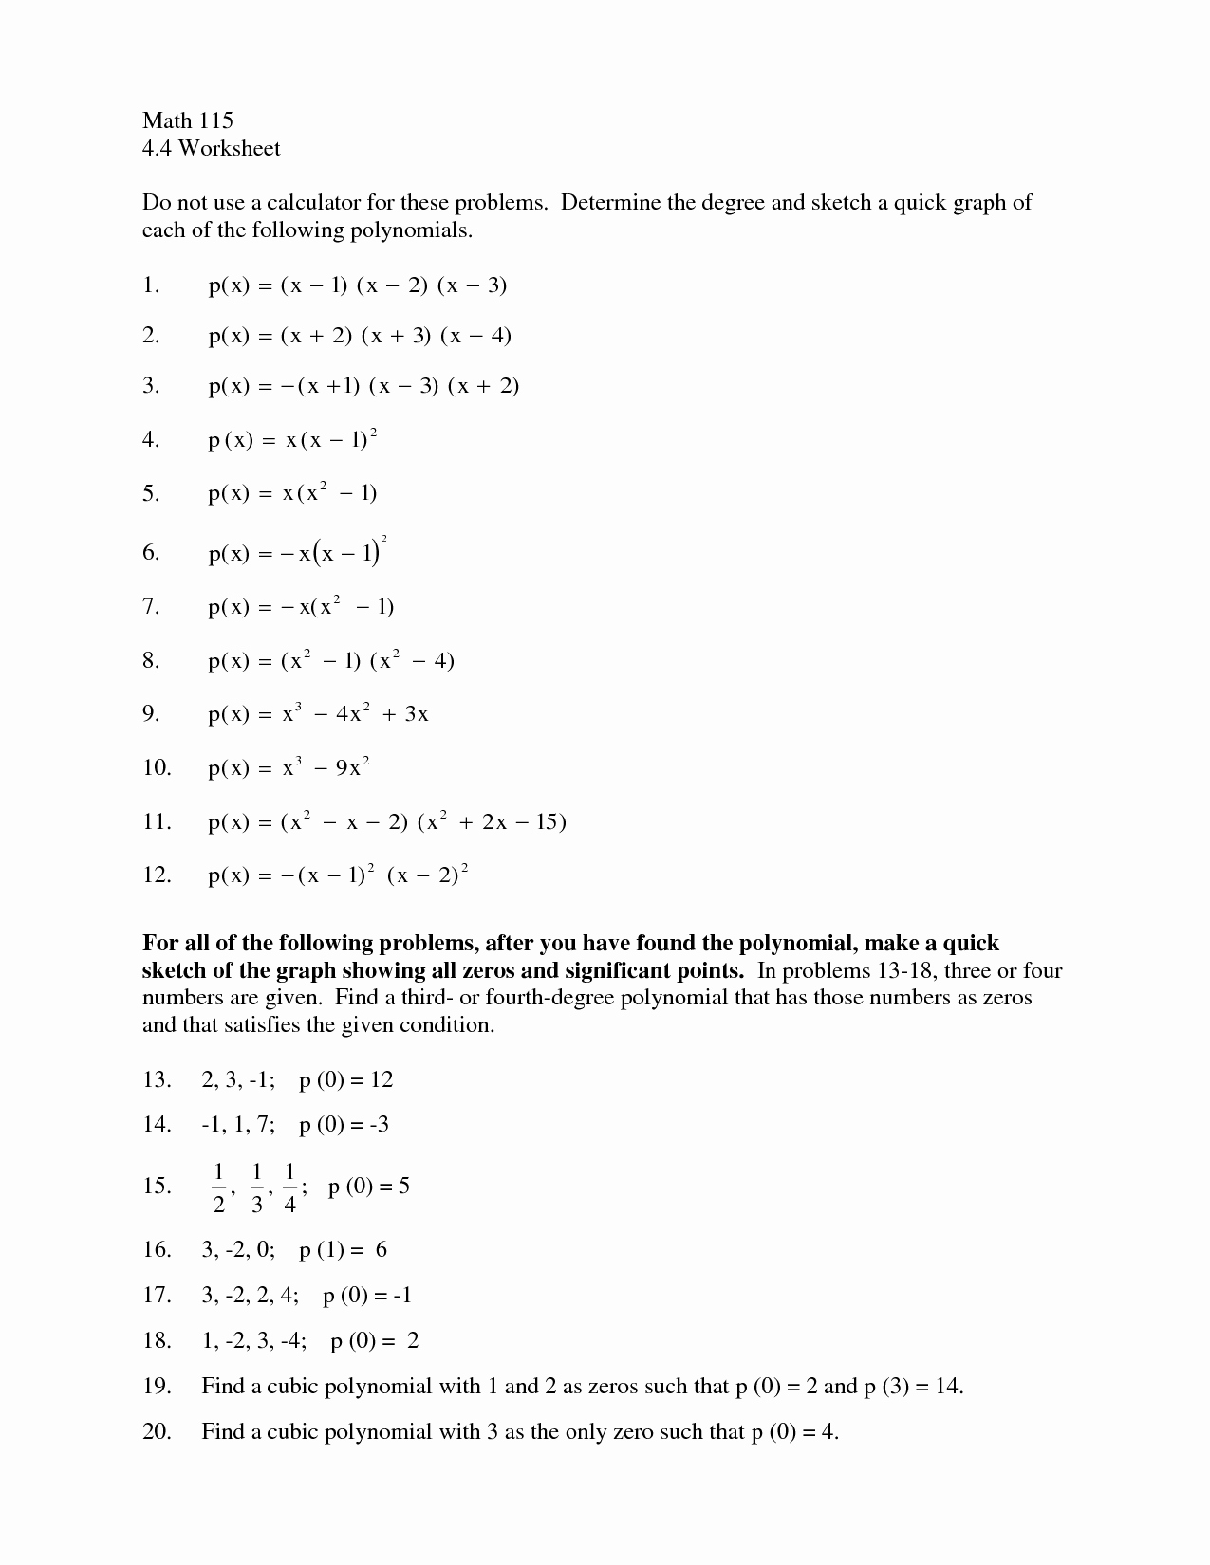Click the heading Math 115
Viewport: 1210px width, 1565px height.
[187, 120]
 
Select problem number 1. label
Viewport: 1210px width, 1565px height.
[151, 285]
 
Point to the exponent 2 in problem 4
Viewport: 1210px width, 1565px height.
[374, 433]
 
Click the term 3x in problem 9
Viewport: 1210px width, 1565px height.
[417, 714]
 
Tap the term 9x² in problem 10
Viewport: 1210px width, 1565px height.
[348, 767]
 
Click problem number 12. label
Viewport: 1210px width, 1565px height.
[157, 875]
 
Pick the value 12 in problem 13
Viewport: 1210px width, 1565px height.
[382, 1079]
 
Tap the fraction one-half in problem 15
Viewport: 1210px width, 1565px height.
[218, 1188]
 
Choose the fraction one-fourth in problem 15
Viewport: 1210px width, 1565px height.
[289, 1188]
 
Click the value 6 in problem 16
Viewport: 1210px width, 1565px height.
[382, 1249]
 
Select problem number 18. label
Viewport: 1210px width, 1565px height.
[157, 1340]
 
